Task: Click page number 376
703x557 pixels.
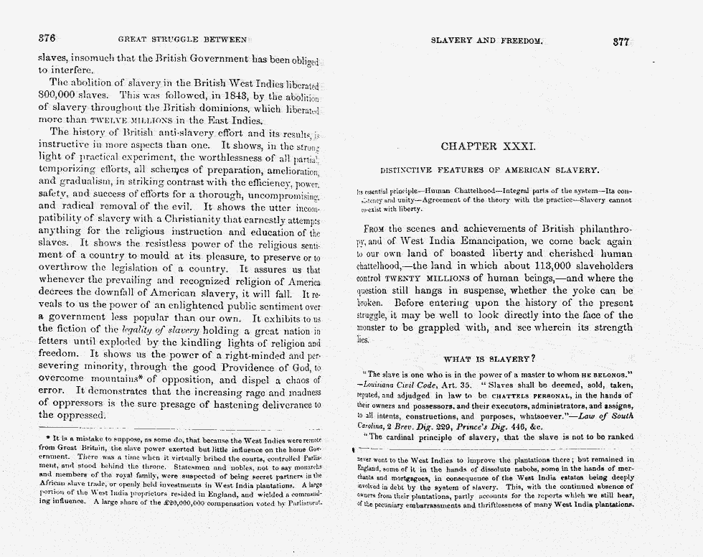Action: tap(47, 39)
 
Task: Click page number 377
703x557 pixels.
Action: tap(621, 42)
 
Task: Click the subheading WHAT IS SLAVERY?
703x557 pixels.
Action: tap(490, 359)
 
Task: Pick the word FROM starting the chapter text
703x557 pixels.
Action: tap(375, 228)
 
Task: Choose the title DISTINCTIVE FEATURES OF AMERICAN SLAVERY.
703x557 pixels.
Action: tap(489, 170)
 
